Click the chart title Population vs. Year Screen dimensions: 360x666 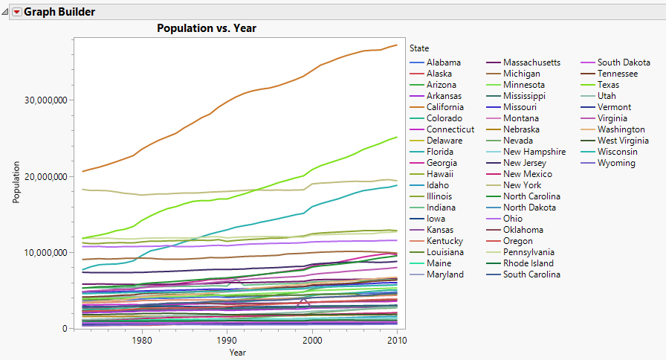tap(206, 28)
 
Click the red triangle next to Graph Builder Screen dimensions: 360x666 tap(16, 12)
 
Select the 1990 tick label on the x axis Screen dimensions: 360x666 tap(227, 340)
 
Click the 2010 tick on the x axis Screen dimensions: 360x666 tap(398, 340)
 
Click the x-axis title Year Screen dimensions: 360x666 tap(237, 352)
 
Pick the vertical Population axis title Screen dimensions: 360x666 tap(16, 182)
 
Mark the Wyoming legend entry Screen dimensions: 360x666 tap(615, 163)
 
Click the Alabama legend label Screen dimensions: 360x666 tap(444, 62)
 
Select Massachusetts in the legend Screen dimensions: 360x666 tap(531, 62)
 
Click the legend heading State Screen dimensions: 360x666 tap(419, 48)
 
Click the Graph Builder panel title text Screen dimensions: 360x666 tap(59, 12)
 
